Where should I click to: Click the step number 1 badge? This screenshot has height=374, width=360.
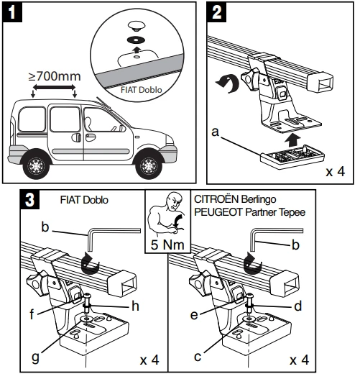pyautogui.click(x=12, y=12)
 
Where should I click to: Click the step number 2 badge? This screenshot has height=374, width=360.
pyautogui.click(x=216, y=12)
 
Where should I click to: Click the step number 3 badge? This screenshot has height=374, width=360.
pyautogui.click(x=29, y=200)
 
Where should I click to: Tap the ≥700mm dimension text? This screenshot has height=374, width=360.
pyautogui.click(x=55, y=76)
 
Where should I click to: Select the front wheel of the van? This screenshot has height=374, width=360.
pyautogui.click(x=149, y=165)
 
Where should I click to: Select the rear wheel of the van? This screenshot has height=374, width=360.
pyautogui.click(x=36, y=165)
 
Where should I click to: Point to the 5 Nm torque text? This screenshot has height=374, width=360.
pyautogui.click(x=167, y=245)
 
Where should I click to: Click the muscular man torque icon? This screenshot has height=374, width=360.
pyautogui.click(x=167, y=214)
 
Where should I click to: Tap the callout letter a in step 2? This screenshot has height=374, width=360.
pyautogui.click(x=216, y=132)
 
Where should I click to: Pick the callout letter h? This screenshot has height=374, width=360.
pyautogui.click(x=135, y=306)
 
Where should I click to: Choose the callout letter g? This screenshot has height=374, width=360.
pyautogui.click(x=35, y=357)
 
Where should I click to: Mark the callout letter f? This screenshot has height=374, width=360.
pyautogui.click(x=32, y=314)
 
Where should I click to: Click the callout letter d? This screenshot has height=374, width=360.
pyautogui.click(x=297, y=306)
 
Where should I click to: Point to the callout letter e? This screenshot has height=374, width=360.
pyautogui.click(x=194, y=315)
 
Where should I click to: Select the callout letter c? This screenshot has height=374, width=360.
pyautogui.click(x=198, y=357)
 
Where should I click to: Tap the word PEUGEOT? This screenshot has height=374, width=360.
pyautogui.click(x=218, y=212)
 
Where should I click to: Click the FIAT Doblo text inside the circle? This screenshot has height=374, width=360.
pyautogui.click(x=142, y=90)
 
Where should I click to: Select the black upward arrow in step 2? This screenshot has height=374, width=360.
pyautogui.click(x=292, y=140)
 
